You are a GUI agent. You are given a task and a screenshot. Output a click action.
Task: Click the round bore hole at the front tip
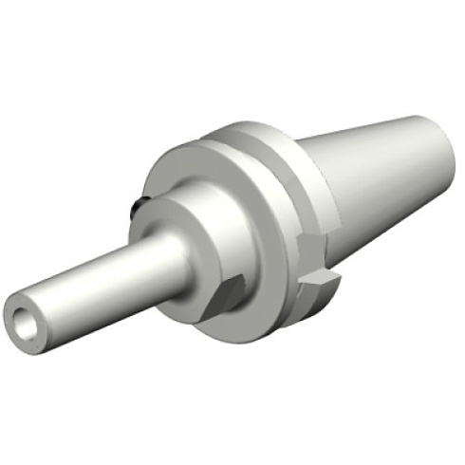pyautogui.click(x=27, y=321)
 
